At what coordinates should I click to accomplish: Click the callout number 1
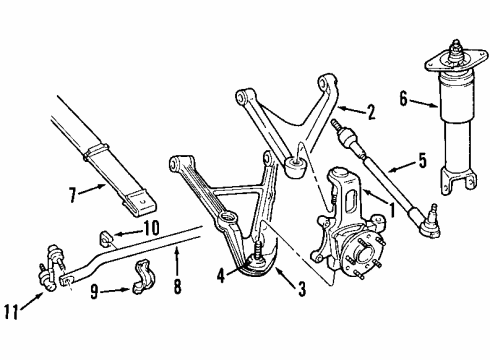click(393, 210)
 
